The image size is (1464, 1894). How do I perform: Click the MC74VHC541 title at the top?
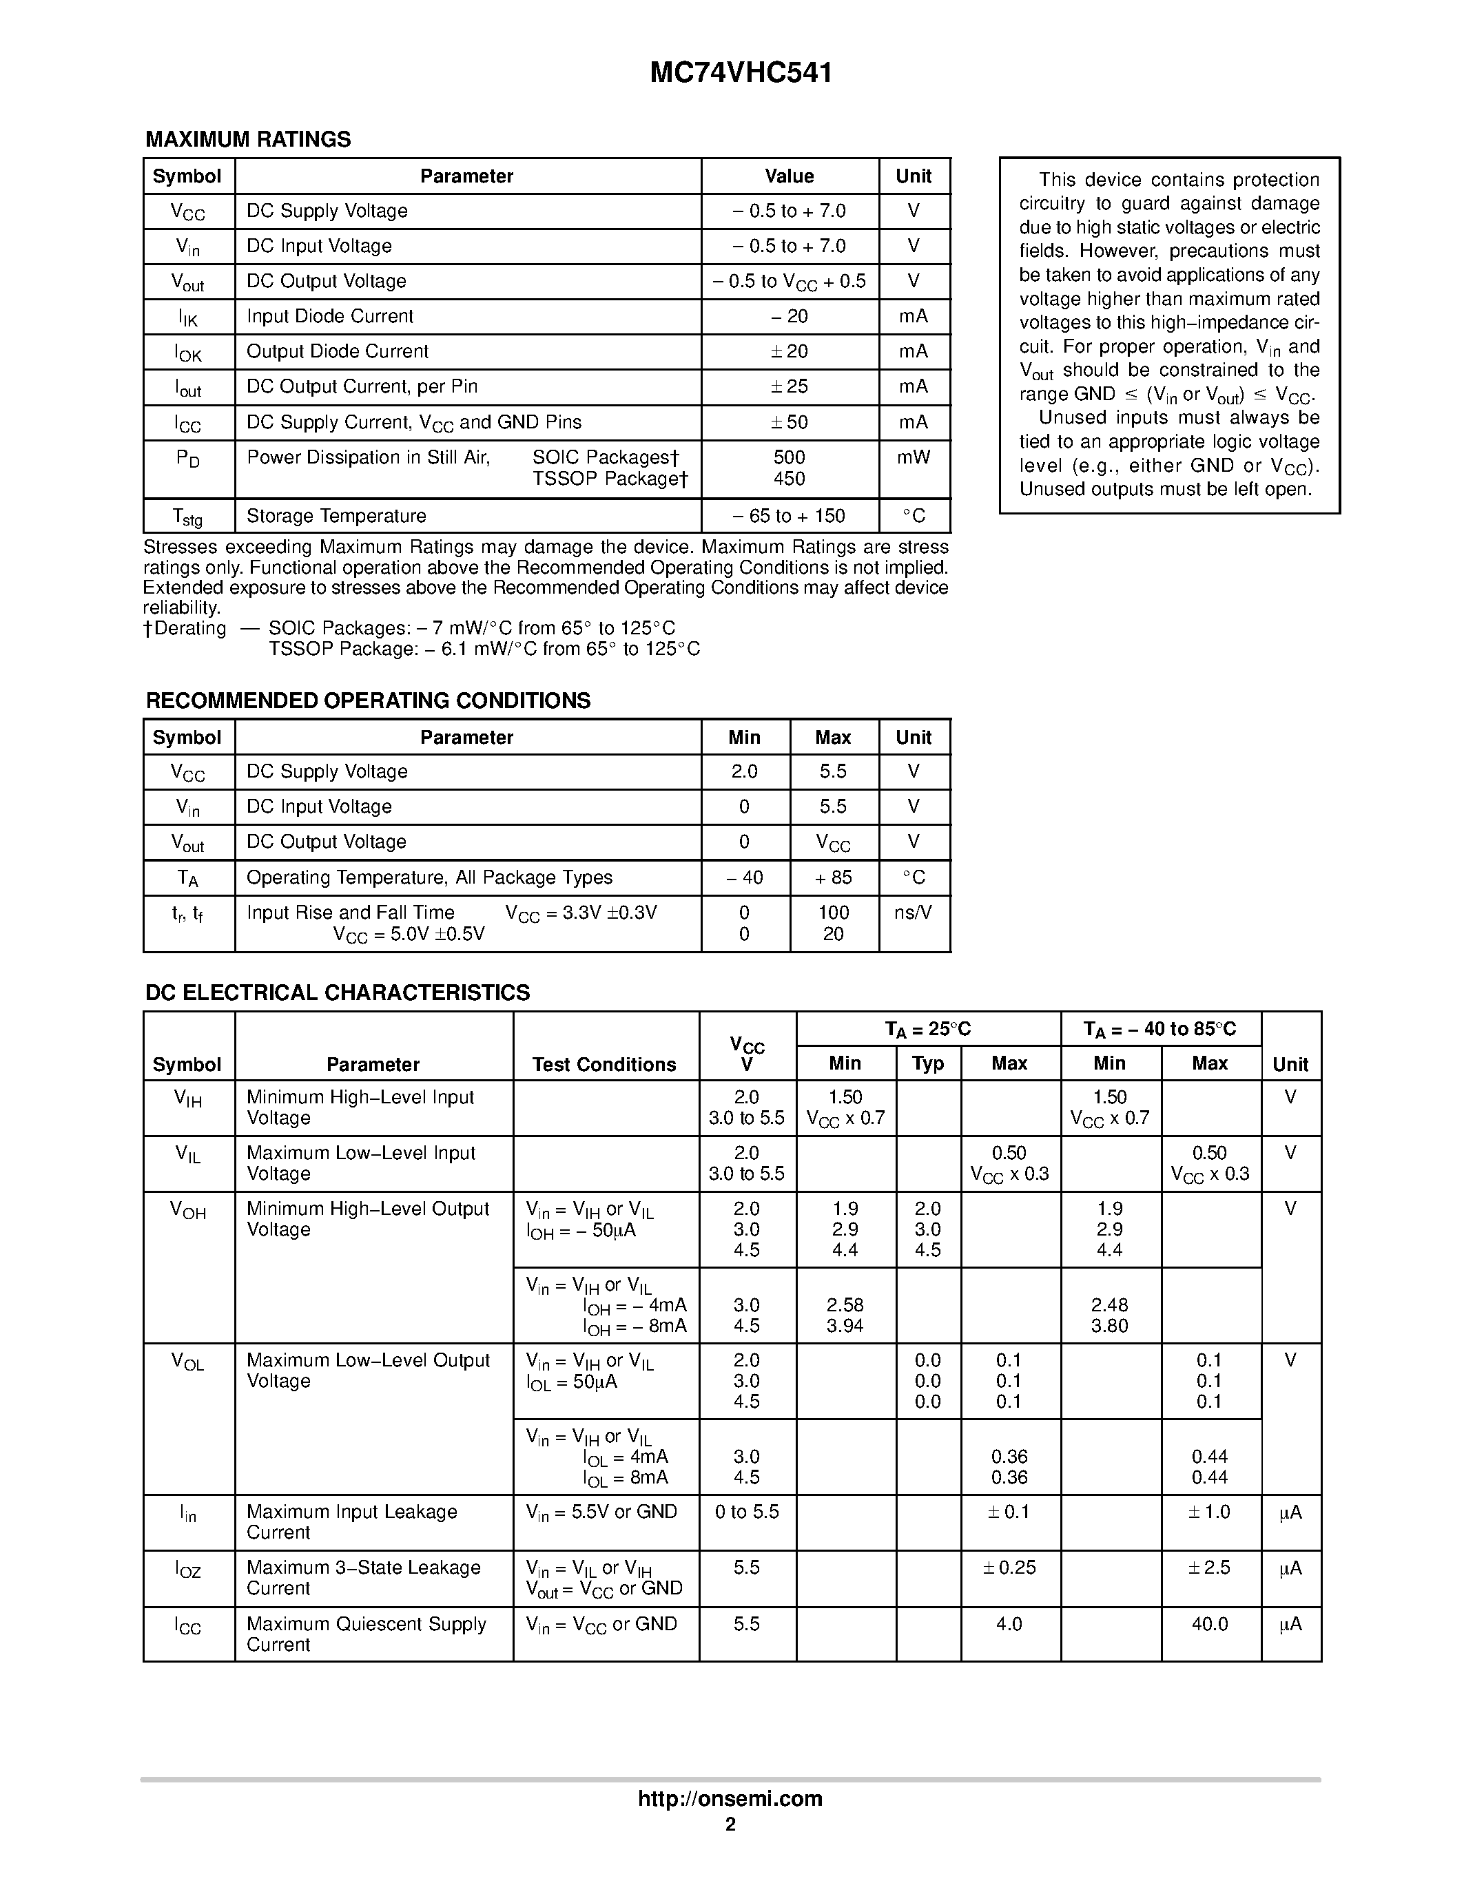pos(741,73)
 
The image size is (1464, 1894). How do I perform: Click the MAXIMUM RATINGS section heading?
pos(248,140)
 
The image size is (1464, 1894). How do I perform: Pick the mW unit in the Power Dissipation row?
pos(914,457)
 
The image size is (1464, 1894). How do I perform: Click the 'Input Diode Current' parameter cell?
pos(329,317)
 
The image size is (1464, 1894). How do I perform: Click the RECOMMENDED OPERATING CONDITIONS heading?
pos(368,700)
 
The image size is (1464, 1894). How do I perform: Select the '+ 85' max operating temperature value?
pos(833,877)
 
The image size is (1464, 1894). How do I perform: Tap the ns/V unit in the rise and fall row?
pos(914,913)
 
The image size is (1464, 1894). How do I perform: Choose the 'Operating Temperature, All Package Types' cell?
pos(429,877)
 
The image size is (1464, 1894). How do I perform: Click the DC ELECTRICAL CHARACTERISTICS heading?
pos(338,993)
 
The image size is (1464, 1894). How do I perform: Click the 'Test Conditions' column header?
pos(604,1065)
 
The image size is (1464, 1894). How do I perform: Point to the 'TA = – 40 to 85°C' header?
pos(1159,1030)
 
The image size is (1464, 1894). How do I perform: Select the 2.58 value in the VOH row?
pos(845,1305)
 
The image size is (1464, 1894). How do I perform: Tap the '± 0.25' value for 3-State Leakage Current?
pos(1009,1568)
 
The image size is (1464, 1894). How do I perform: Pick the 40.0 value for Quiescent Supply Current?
pos(1209,1624)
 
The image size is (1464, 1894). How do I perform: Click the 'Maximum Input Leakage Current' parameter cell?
pos(352,1522)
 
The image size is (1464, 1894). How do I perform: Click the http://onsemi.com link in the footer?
pos(730,1798)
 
